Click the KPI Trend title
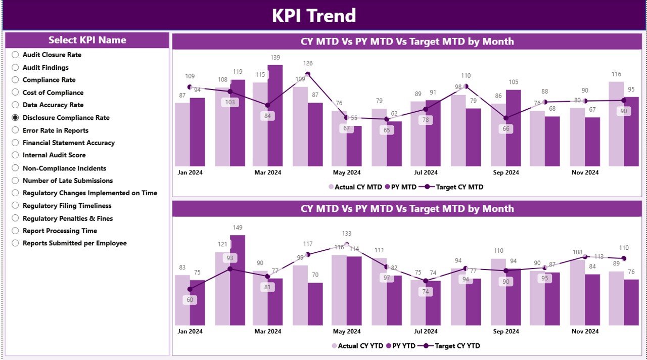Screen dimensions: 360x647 point(314,16)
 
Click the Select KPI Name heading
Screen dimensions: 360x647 point(87,40)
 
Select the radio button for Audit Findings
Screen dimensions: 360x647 point(16,67)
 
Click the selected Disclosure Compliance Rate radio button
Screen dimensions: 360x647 point(16,118)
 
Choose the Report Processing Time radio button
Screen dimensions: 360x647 point(16,231)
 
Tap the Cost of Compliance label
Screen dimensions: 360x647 point(53,93)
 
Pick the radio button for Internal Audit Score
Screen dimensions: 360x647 point(16,155)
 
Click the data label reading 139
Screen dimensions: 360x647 point(275,58)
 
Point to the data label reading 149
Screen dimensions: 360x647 point(238,228)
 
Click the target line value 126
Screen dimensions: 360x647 point(308,64)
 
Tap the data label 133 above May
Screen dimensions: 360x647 point(347,234)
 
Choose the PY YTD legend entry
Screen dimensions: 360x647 point(403,346)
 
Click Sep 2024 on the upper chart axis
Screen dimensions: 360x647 point(505,172)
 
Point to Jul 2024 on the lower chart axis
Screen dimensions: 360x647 point(426,331)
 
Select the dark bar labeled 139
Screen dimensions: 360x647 point(275,116)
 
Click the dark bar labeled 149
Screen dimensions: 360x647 point(238,281)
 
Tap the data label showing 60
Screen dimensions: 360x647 point(190,300)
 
